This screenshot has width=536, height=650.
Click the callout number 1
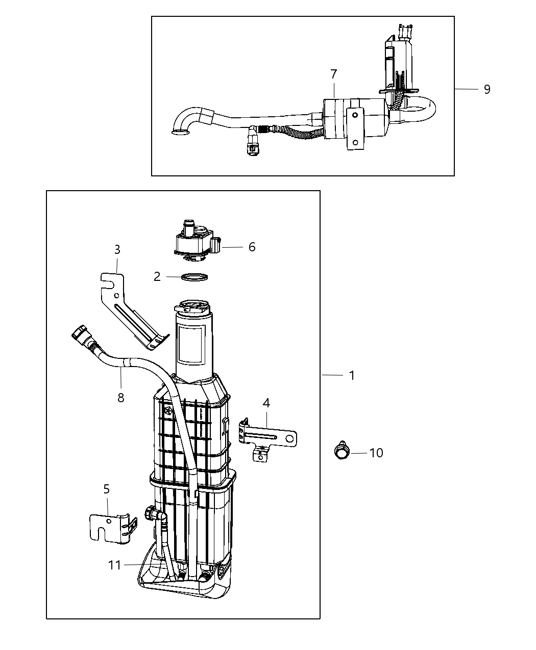click(x=352, y=376)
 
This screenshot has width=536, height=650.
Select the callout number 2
click(x=157, y=277)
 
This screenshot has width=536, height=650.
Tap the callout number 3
click(x=117, y=250)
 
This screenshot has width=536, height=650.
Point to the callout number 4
click(x=266, y=403)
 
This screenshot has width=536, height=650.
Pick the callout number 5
click(x=107, y=489)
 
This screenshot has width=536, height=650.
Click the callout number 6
click(x=252, y=247)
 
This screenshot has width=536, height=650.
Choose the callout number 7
click(x=333, y=74)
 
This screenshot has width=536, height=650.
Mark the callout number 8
click(x=121, y=398)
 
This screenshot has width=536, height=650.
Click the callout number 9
click(x=487, y=89)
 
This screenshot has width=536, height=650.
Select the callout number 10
click(x=376, y=453)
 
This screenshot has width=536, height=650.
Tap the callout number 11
click(x=115, y=565)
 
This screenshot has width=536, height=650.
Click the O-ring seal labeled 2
click(x=194, y=277)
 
